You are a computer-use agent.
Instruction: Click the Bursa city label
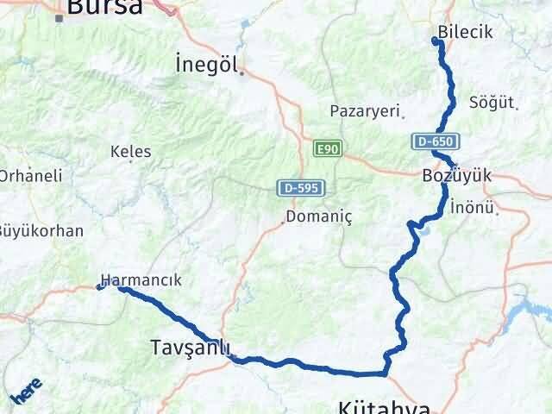coord(104,8)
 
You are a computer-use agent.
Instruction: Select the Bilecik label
coord(465,32)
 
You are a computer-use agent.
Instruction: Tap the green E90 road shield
coord(327,149)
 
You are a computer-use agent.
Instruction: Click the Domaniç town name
coord(320,216)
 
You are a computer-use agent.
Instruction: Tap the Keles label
coord(131,152)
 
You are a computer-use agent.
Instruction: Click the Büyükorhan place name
coord(41,230)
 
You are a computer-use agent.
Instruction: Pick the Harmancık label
coord(141,280)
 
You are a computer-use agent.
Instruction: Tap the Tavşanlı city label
coord(190,347)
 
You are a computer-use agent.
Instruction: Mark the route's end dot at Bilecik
coord(435,41)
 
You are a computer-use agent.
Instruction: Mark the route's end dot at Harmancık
coord(100,287)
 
